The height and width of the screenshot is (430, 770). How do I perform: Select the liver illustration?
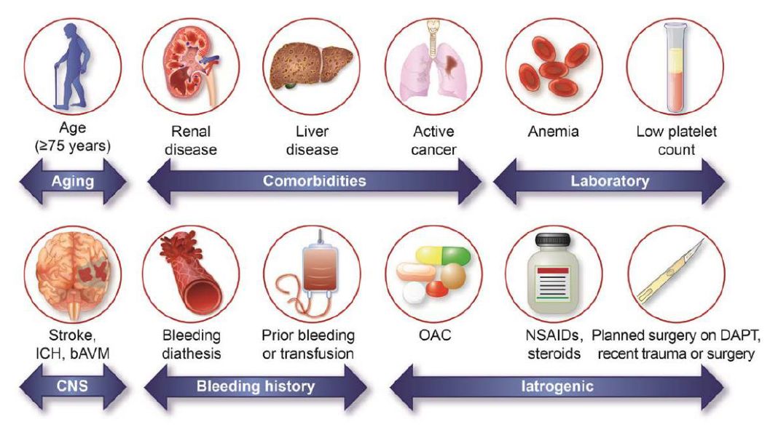[x=311, y=65]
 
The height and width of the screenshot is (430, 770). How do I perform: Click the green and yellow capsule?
[x=442, y=255]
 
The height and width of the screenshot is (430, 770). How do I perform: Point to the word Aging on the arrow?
[x=73, y=181]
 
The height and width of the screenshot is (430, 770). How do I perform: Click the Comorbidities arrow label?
[x=314, y=181]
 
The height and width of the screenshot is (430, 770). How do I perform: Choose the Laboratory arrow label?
[x=610, y=181]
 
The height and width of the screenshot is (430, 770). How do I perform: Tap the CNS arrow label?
[x=72, y=386]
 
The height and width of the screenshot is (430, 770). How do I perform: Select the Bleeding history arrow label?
[x=256, y=386]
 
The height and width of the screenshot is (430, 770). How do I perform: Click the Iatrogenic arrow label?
[x=557, y=386]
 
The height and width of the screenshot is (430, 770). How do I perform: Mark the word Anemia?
[x=554, y=132]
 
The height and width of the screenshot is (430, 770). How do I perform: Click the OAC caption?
[x=435, y=335]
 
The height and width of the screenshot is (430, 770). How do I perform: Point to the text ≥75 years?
[x=73, y=146]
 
